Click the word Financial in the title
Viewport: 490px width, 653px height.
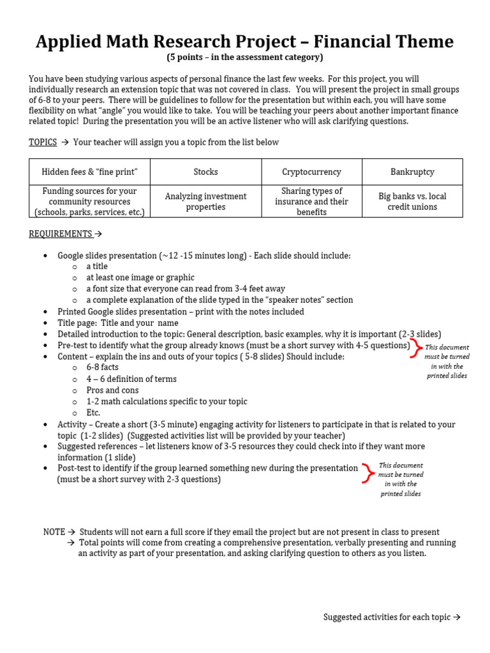coord(356,42)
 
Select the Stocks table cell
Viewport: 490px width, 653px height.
coord(205,172)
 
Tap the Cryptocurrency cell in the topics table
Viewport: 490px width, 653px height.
coord(311,172)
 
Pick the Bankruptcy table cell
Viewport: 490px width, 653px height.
coord(412,172)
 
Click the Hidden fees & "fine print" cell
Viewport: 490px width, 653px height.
coord(89,172)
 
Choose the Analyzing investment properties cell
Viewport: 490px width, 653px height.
coord(205,202)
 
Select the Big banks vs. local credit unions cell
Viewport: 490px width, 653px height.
coord(412,202)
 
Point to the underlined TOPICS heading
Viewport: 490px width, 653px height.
coord(43,142)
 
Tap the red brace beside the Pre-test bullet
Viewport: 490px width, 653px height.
coord(416,349)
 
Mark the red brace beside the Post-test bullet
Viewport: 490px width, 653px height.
coord(367,473)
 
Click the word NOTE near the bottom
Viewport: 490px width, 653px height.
coord(54,532)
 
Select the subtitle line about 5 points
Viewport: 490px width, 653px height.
coord(245,57)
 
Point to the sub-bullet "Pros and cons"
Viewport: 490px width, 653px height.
coord(112,390)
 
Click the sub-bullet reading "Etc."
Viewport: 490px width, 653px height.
coord(93,413)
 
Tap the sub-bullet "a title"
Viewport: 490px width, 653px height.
coord(97,267)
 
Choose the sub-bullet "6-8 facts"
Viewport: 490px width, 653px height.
coord(102,367)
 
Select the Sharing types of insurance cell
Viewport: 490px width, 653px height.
coord(311,202)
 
